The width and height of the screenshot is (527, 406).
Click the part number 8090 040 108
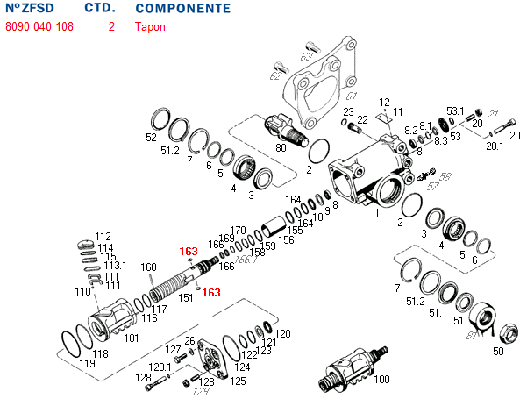coord(39,26)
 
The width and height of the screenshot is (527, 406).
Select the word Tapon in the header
coord(149,26)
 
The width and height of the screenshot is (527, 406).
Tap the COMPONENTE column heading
coord(183,9)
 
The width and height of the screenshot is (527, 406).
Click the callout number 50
coord(498,352)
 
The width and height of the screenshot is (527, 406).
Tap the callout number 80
coord(281,147)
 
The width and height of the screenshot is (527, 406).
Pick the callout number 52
coord(151,138)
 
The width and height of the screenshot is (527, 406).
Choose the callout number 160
coord(148,267)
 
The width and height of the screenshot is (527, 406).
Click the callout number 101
coord(131,338)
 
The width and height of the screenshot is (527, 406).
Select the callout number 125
coord(238,381)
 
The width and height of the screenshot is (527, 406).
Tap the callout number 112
coord(103,237)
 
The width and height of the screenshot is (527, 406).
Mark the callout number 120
coord(282,334)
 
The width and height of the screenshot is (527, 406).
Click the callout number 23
coord(348,112)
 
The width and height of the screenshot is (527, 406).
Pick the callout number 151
coord(186,297)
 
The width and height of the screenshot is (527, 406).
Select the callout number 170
coord(238,230)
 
